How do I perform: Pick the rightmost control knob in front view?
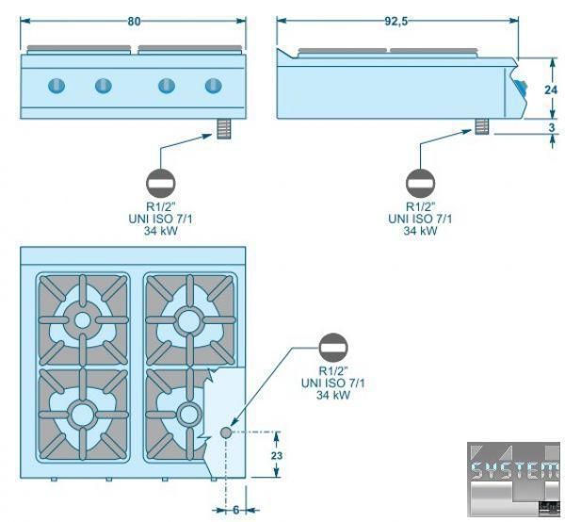point(212,87)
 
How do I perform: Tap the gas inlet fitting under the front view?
point(223,128)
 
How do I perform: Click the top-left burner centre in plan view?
point(83,320)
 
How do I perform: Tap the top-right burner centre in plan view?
point(189,320)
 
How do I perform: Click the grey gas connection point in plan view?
point(226,432)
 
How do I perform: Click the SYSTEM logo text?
point(513,471)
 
